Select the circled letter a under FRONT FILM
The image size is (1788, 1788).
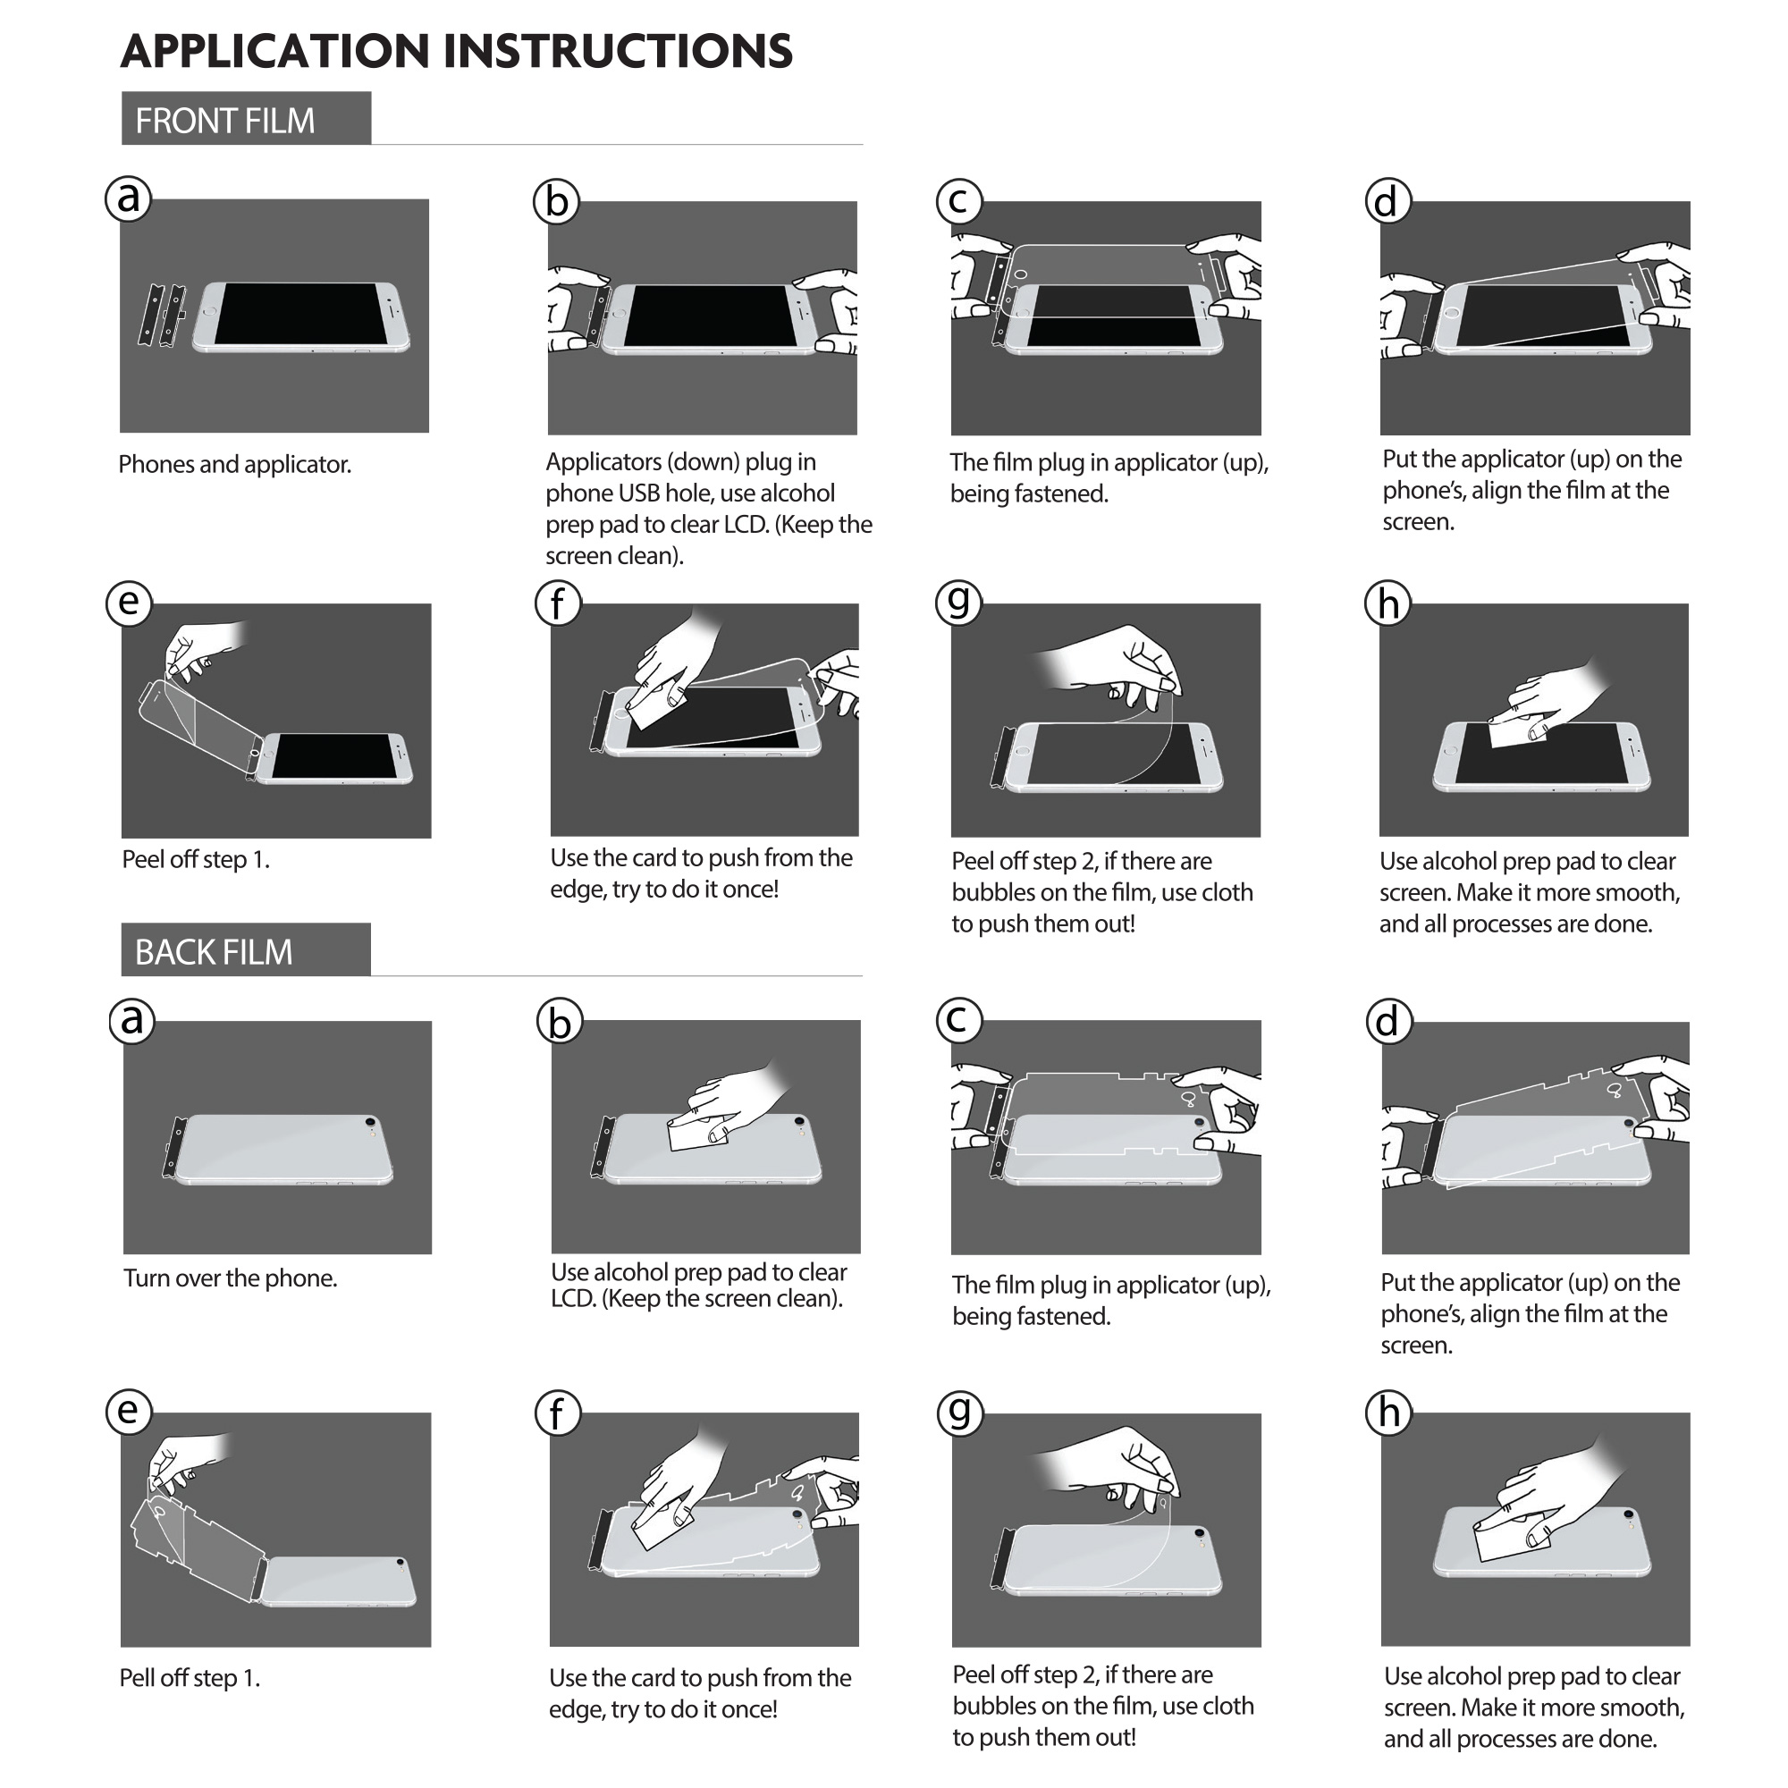[x=129, y=198]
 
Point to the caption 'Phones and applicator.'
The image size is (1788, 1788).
[x=235, y=465]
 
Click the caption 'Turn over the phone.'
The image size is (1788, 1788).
[x=231, y=1278]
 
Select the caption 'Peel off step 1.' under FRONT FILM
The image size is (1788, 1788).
[x=196, y=860]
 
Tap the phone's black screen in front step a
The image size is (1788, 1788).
[x=300, y=314]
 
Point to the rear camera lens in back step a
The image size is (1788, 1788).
[x=371, y=1121]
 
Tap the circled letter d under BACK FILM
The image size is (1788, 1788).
[x=1389, y=1022]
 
